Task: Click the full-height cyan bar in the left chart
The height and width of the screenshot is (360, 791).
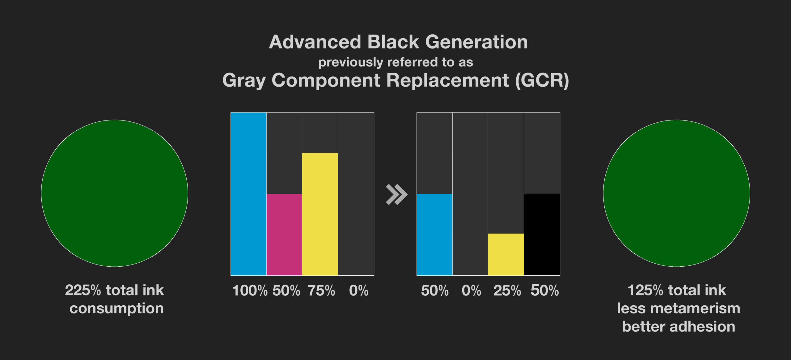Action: coord(248,194)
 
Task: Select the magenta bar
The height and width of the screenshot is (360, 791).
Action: coord(284,235)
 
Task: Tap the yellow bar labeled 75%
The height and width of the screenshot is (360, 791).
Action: coord(320,214)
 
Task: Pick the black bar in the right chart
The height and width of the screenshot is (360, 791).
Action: coord(542,235)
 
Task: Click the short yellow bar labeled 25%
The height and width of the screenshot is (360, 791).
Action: coord(506,254)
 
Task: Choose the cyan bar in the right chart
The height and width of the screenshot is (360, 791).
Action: coord(434,235)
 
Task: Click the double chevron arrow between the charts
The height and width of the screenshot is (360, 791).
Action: coord(397,195)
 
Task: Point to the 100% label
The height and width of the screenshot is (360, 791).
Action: coord(250,291)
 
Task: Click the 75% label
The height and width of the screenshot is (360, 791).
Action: coord(321,291)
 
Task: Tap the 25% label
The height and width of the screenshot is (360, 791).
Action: coord(507,291)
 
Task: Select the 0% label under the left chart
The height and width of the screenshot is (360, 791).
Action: coord(359,291)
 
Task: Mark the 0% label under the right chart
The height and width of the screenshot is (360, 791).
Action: coord(471,291)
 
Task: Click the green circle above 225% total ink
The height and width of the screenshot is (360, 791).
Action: coord(115,193)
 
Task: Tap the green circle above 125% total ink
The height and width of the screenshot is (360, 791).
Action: coord(676,193)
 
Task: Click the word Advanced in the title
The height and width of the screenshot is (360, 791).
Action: coord(315,42)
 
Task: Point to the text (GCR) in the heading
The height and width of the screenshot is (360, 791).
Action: coord(542,81)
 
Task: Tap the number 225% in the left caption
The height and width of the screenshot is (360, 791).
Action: coord(83,290)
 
